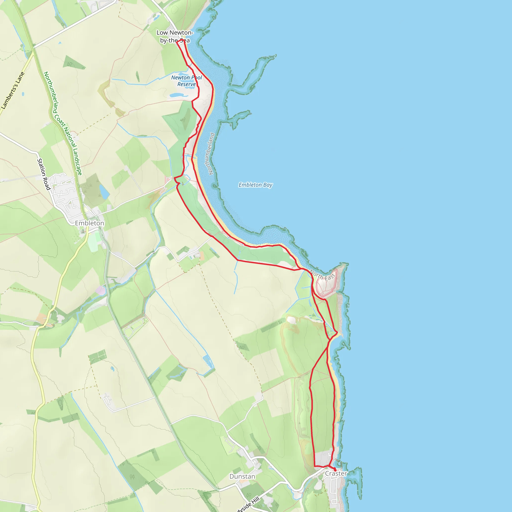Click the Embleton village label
click(89, 223)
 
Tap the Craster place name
click(336, 473)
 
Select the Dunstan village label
click(242, 476)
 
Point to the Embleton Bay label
click(255, 185)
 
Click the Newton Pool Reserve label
click(186, 81)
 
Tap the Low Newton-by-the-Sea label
click(175, 36)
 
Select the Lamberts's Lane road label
click(13, 90)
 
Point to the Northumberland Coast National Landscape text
click(62, 123)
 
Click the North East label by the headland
click(323, 275)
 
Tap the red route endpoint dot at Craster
click(335, 470)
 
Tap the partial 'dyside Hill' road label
click(248, 504)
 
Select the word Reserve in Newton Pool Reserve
click(186, 84)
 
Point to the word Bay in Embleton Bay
click(268, 185)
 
